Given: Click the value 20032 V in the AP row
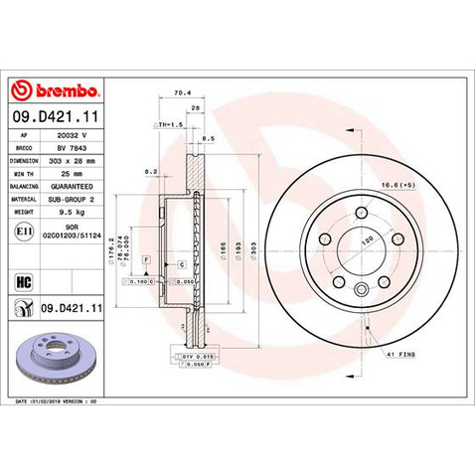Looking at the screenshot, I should click(x=74, y=134).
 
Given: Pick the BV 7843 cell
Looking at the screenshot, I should click(x=74, y=146).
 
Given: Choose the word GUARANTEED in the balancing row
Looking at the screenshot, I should click(x=74, y=186).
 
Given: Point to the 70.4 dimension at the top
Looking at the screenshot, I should click(x=182, y=93).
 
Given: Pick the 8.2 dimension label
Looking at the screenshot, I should click(x=150, y=171).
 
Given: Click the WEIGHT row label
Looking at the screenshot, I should click(x=24, y=212).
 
